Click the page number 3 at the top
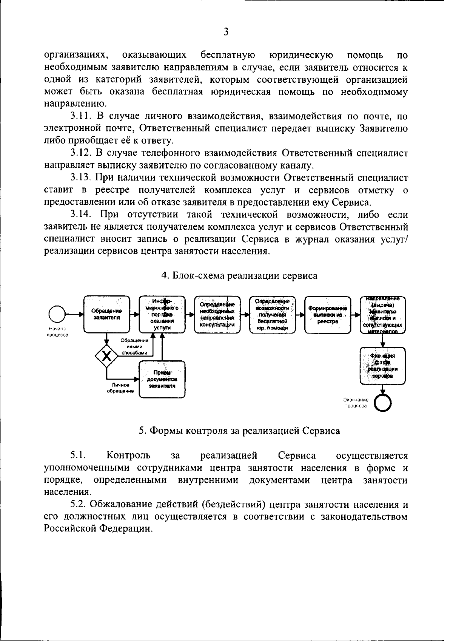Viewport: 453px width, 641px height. click(226, 32)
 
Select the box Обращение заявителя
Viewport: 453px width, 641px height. click(107, 314)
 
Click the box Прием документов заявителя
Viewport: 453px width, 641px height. click(162, 379)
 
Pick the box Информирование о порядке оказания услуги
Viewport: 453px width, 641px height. click(162, 314)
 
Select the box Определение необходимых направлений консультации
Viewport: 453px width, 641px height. click(217, 314)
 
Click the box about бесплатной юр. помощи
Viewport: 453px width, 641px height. click(272, 314)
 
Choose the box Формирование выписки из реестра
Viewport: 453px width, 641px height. click(327, 314)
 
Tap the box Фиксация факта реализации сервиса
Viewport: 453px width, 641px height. click(382, 366)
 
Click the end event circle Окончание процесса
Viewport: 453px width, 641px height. click(382, 403)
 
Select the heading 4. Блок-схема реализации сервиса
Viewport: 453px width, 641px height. click(239, 276)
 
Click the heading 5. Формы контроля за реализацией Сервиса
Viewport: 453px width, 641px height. click(239, 431)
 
